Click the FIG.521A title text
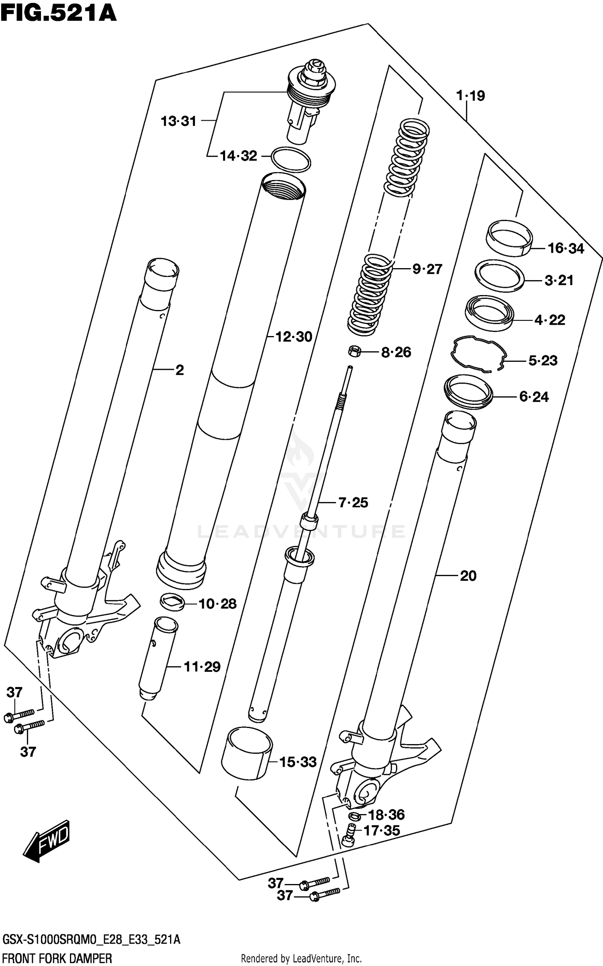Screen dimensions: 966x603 pyautogui.click(x=58, y=13)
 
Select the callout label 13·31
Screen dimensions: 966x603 pyautogui.click(x=178, y=121)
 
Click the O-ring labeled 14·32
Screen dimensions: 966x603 pyautogui.click(x=291, y=160)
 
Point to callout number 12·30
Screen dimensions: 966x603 pyautogui.click(x=294, y=337)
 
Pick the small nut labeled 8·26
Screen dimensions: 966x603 pyautogui.click(x=354, y=351)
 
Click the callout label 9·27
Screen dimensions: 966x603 pyautogui.click(x=427, y=269)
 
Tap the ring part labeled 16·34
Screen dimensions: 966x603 pyautogui.click(x=509, y=238)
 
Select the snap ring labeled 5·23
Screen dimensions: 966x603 pyautogui.click(x=478, y=353)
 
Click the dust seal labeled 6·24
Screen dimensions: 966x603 pyautogui.click(x=468, y=392)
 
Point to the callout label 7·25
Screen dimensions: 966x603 pyautogui.click(x=353, y=502)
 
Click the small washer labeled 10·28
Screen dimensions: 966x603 pyautogui.click(x=172, y=602)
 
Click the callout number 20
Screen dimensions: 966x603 pyautogui.click(x=468, y=576)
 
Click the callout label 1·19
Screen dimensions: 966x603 pyautogui.click(x=470, y=96)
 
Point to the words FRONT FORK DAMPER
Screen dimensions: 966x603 pyautogui.click(x=57, y=958)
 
